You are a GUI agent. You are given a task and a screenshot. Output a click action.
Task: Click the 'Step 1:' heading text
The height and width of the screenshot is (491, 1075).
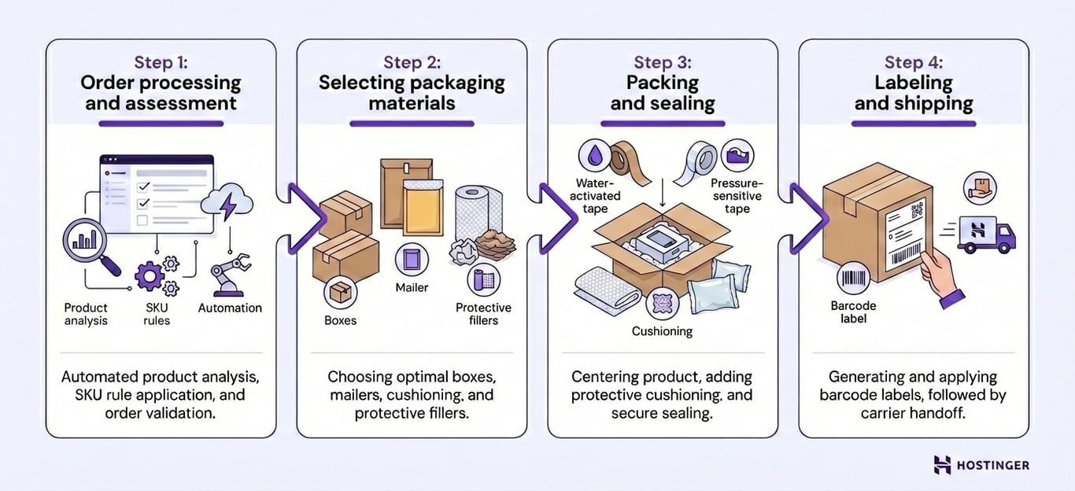(x=161, y=62)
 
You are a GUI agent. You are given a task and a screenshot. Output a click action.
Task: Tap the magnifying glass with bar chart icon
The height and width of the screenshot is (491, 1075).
(x=86, y=241)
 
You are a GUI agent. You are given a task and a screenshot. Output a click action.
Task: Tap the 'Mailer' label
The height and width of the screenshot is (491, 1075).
(x=412, y=287)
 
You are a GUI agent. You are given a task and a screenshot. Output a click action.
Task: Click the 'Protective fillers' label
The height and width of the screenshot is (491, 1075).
(x=483, y=314)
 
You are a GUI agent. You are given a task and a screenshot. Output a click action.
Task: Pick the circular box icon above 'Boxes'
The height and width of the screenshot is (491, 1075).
(x=340, y=293)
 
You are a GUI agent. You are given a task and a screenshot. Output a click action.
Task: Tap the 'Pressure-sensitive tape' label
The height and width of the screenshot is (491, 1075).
(x=737, y=196)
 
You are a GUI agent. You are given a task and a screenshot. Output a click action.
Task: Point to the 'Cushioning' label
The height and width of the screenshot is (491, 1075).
(x=662, y=331)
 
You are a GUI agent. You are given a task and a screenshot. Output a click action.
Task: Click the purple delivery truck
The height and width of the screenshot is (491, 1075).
(x=986, y=234)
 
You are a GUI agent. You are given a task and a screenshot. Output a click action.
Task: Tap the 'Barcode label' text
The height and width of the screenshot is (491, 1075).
(x=853, y=312)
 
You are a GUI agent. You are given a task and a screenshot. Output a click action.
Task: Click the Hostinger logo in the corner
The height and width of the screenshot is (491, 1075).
(x=981, y=465)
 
